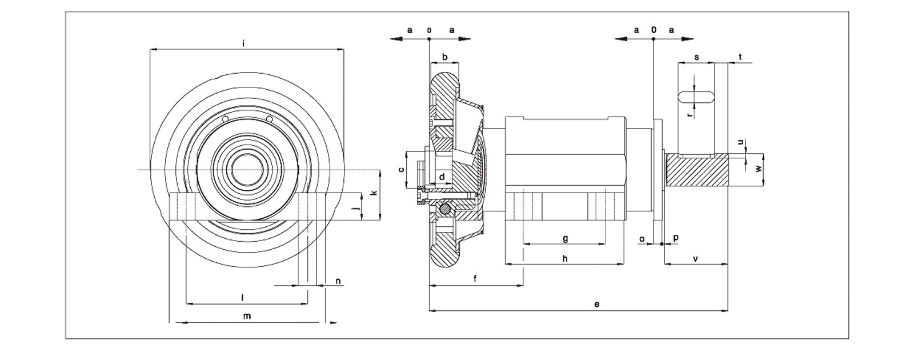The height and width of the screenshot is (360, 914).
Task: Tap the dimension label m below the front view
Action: tap(247, 315)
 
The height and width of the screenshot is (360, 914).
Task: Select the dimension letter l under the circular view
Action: tap(243, 297)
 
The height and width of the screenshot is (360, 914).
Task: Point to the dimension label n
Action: tap(338, 281)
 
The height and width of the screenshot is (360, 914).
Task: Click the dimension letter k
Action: tap(374, 193)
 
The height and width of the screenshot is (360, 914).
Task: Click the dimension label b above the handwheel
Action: tap(445, 58)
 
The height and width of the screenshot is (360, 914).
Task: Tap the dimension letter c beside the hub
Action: tap(402, 169)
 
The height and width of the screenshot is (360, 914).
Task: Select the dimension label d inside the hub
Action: tap(442, 177)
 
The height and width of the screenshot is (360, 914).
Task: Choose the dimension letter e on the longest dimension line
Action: tap(596, 304)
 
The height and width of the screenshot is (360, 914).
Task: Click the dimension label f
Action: tap(476, 278)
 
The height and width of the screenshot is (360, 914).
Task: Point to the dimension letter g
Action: tap(565, 238)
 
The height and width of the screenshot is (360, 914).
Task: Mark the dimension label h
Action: tap(565, 258)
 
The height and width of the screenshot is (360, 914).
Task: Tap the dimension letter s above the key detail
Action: tap(696, 58)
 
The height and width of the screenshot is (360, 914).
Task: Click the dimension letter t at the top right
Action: tap(740, 57)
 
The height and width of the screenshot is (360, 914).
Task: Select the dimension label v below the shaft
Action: tap(695, 259)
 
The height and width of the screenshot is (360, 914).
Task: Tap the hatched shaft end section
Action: tap(697, 170)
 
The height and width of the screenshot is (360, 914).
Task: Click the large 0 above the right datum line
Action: tap(654, 30)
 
